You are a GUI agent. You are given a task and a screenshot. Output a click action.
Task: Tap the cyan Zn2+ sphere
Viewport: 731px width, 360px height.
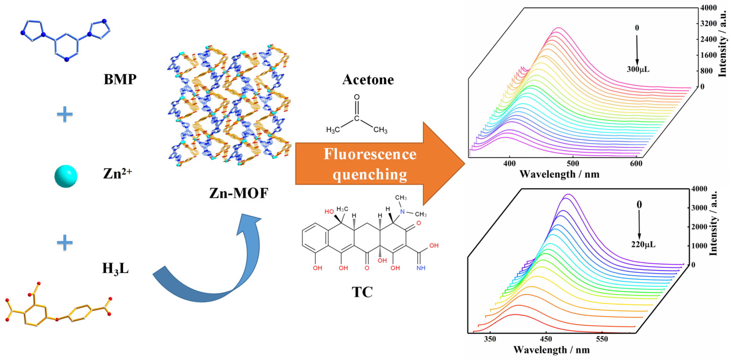click(66, 176)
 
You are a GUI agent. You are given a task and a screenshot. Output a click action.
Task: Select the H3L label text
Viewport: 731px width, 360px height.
click(115, 268)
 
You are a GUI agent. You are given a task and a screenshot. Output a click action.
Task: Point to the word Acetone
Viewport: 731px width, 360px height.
click(368, 80)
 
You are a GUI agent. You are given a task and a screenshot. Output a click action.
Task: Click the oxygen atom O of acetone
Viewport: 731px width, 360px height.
click(357, 97)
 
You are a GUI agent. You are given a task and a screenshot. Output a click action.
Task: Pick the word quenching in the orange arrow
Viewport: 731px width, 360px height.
click(370, 174)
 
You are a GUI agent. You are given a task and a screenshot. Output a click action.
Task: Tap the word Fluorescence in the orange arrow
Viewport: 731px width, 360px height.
click(370, 154)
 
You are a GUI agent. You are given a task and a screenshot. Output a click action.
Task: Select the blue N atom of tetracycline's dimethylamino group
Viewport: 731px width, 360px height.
click(402, 212)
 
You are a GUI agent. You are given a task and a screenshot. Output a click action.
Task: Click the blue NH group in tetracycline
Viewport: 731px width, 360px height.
click(421, 268)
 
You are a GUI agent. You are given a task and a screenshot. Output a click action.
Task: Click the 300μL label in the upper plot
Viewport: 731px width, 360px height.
click(638, 69)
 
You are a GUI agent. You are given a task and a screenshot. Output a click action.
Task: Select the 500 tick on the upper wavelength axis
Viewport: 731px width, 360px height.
click(573, 164)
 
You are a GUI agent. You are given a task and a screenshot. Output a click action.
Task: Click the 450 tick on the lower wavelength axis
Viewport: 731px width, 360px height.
click(546, 339)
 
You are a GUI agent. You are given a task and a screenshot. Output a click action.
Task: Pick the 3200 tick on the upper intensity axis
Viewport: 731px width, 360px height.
click(708, 24)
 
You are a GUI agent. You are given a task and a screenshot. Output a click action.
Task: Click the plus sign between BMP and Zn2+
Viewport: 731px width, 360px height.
click(65, 115)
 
